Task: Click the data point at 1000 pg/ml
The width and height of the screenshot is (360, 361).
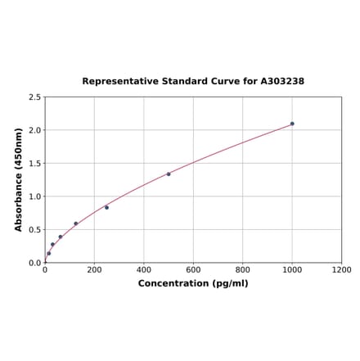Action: point(292,124)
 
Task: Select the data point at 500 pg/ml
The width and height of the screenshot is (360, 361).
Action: point(169,174)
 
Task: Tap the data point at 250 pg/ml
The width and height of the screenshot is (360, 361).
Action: point(106,207)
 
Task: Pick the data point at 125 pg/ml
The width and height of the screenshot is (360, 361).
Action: point(76,223)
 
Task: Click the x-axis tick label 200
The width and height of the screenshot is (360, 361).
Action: point(94,269)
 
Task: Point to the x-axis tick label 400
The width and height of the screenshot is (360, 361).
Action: point(144,269)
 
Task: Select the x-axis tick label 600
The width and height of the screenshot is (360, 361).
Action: point(193,269)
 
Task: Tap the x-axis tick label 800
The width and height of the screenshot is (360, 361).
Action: point(243,269)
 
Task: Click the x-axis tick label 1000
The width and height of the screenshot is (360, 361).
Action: point(292,269)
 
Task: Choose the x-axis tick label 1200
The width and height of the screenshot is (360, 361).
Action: point(341,269)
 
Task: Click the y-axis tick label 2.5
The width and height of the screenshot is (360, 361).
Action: point(35,97)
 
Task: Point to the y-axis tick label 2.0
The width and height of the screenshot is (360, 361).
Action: point(35,130)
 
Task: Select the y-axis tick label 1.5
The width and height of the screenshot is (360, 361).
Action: point(35,164)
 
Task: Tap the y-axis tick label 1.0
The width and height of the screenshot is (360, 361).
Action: point(35,196)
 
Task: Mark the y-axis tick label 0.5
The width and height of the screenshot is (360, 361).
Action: point(35,230)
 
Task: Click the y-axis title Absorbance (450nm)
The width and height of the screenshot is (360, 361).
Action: point(19,179)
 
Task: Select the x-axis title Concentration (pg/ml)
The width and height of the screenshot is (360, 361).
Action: point(193,283)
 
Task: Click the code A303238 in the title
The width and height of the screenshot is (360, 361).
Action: point(282,82)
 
